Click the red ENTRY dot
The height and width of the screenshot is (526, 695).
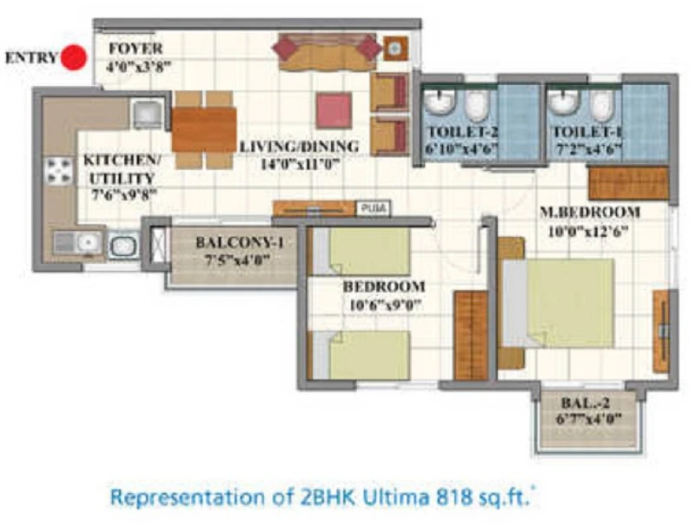tap(74, 57)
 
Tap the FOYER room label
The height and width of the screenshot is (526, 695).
tap(136, 49)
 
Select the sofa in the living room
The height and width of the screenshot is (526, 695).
tap(328, 52)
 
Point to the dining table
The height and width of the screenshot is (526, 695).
tap(203, 129)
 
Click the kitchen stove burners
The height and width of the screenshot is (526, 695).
tap(59, 171)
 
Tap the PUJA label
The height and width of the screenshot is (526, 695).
tap(374, 208)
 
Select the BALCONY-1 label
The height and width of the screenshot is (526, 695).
tap(240, 242)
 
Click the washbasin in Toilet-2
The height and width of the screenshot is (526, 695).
tap(440, 102)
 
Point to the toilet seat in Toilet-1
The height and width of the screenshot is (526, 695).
tap(602, 106)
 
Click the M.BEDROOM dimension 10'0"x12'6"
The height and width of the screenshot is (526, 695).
tap(588, 231)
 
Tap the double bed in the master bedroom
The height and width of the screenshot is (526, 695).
tap(557, 303)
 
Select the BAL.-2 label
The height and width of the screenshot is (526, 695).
tap(585, 403)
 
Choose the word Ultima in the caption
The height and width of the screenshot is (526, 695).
tap(396, 497)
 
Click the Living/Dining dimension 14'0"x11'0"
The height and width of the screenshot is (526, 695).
tap(300, 165)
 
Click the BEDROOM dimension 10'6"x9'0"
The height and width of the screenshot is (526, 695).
tap(384, 305)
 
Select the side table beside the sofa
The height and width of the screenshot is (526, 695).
tap(395, 49)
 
